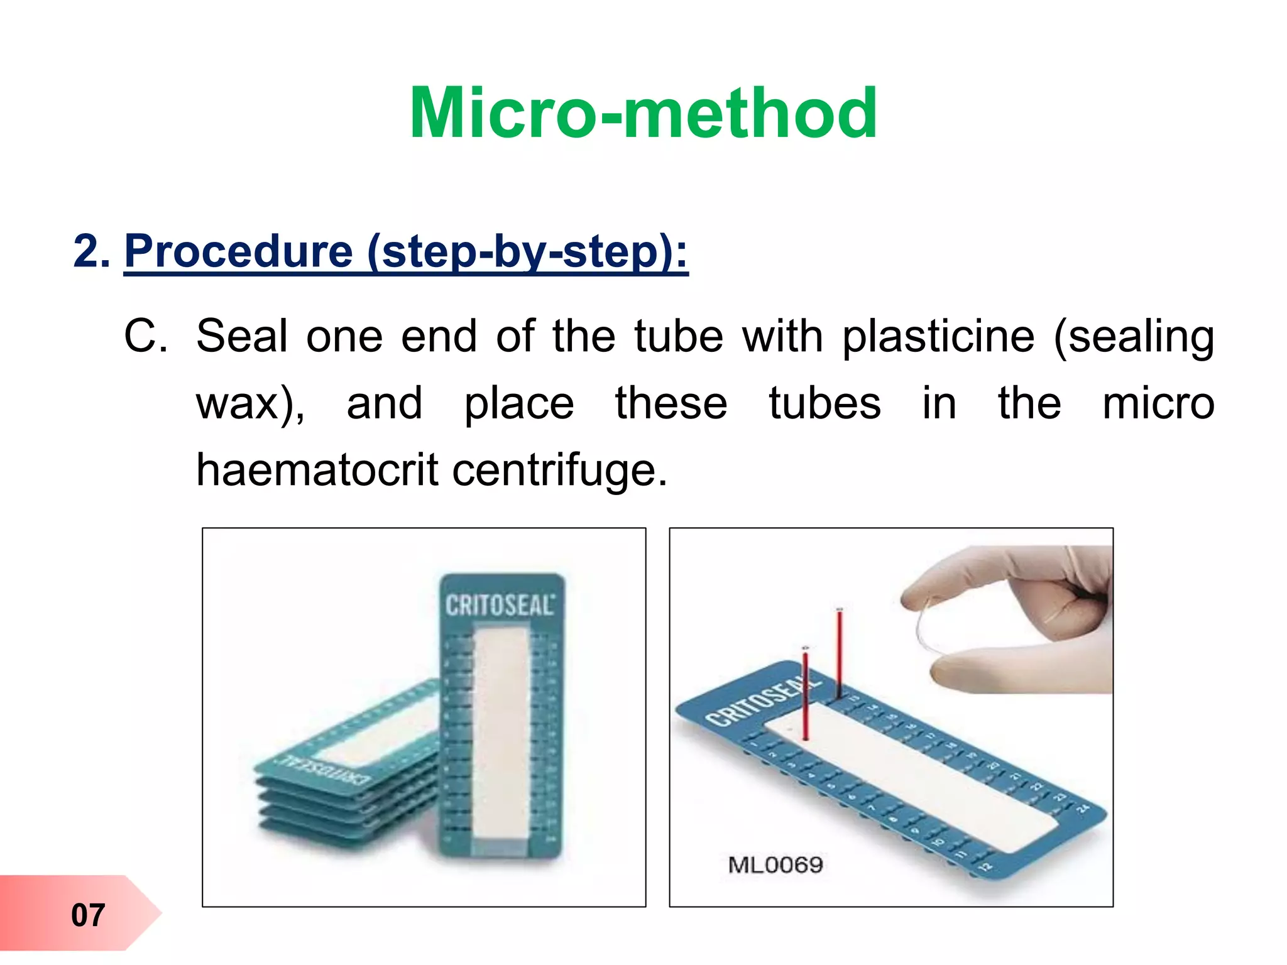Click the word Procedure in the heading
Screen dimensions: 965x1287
239,251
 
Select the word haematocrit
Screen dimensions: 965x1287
317,469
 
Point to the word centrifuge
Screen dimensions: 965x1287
559,471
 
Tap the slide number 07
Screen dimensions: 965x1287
87,915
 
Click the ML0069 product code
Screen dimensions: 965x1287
775,865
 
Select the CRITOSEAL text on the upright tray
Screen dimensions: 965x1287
500,605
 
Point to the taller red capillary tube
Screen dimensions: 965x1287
840,653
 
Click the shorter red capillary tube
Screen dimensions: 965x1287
806,694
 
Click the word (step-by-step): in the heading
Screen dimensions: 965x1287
528,251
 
